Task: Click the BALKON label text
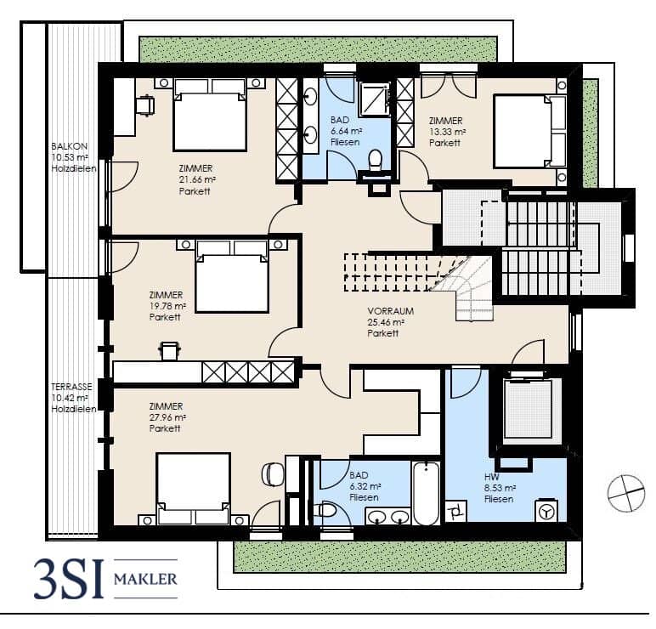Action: click(x=70, y=146)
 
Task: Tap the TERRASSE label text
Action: click(x=71, y=387)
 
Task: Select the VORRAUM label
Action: click(x=391, y=311)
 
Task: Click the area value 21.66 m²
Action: click(x=197, y=180)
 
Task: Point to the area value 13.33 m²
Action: click(x=448, y=132)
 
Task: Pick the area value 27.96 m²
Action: click(x=167, y=417)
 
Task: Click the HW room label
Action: click(x=492, y=477)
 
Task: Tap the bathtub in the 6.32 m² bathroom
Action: click(x=427, y=493)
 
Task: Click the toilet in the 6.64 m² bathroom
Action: click(x=376, y=161)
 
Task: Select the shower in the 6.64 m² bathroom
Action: click(x=375, y=99)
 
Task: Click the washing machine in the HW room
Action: click(x=546, y=510)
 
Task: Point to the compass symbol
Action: click(x=626, y=493)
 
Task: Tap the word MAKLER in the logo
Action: click(x=145, y=579)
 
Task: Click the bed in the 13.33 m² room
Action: click(x=530, y=132)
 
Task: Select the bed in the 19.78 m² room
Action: click(x=232, y=276)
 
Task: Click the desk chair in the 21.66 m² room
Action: click(x=144, y=105)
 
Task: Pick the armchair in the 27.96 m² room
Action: click(x=273, y=474)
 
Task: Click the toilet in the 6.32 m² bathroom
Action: click(x=325, y=511)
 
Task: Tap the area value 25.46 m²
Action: click(x=386, y=323)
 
